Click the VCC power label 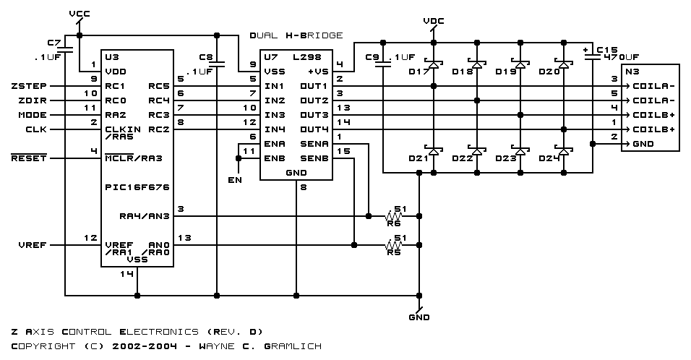click(x=80, y=14)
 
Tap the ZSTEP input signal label click(x=29, y=86)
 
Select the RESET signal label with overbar click(x=29, y=158)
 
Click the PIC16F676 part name click(x=137, y=187)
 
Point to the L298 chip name click(x=307, y=57)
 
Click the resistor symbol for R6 click(x=393, y=216)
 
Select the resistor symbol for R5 click(x=393, y=245)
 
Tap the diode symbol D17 click(x=434, y=65)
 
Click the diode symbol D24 click(x=564, y=151)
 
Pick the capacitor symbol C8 click(x=216, y=64)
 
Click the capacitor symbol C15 click(x=593, y=56)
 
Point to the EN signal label click(x=235, y=180)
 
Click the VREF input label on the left click(x=33, y=245)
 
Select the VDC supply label click(x=434, y=21)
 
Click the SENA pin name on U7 click(x=314, y=144)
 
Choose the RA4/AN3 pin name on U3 click(x=144, y=216)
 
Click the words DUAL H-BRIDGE click(x=296, y=35)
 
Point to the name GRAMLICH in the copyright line click(x=293, y=346)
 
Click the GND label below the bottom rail click(x=419, y=317)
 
